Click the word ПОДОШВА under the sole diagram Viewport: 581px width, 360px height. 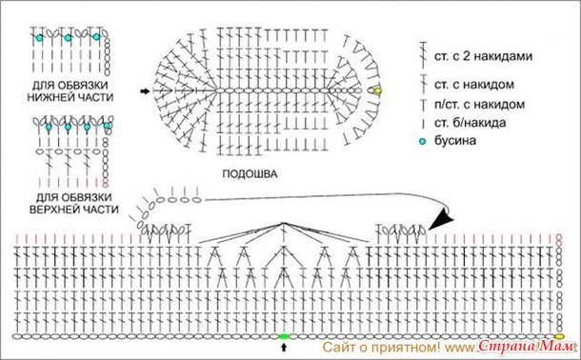pyautogui.click(x=250, y=173)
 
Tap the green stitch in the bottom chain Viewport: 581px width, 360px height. pyautogui.click(x=284, y=336)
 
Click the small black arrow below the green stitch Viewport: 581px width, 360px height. pyautogui.click(x=284, y=347)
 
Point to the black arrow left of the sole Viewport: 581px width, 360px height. pyautogui.click(x=145, y=90)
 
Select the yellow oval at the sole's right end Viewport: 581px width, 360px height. pyautogui.click(x=377, y=90)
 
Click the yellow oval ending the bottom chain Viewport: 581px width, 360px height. pyautogui.click(x=559, y=336)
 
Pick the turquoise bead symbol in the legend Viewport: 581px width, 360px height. pyautogui.click(x=422, y=141)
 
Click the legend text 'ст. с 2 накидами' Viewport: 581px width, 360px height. pyautogui.click(x=483, y=56)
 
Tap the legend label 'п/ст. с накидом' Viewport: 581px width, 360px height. pyautogui.click(x=479, y=105)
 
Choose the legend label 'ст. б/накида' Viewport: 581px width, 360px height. pyautogui.click(x=471, y=123)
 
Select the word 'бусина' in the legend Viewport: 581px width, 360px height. pyautogui.click(x=455, y=141)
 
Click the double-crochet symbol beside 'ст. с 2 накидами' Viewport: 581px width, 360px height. pyautogui.click(x=422, y=55)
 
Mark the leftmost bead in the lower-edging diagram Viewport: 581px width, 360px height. pyautogui.click(x=39, y=37)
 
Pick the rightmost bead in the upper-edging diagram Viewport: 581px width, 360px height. pyautogui.click(x=107, y=126)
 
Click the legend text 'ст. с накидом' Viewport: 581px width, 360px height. pyautogui.click(x=474, y=85)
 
